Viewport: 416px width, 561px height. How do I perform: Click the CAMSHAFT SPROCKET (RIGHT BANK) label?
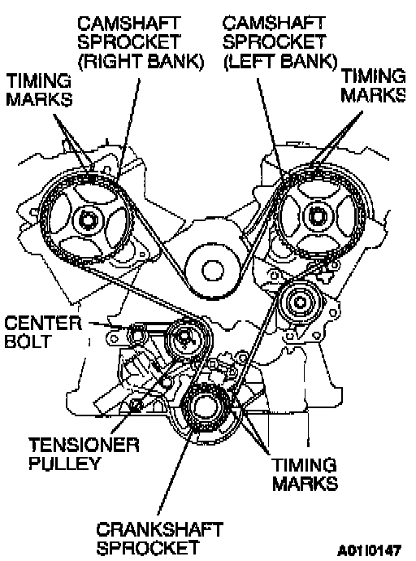(x=141, y=42)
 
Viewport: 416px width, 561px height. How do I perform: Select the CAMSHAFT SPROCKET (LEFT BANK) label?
(x=279, y=42)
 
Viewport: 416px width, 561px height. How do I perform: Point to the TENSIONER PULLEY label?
(x=84, y=454)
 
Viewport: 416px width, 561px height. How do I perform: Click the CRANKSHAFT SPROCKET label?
(x=160, y=538)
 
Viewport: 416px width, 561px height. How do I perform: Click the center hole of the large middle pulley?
(x=214, y=270)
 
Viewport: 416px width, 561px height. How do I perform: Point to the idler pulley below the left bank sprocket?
(x=300, y=302)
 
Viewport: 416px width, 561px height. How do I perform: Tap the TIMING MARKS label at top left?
(x=39, y=89)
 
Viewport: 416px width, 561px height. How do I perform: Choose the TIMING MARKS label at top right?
(x=373, y=86)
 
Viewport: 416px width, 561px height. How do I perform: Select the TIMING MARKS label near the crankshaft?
(x=305, y=475)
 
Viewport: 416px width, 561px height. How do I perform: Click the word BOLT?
(x=27, y=341)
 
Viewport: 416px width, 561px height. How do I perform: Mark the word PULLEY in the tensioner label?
(x=64, y=463)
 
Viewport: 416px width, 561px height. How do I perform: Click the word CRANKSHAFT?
(x=160, y=529)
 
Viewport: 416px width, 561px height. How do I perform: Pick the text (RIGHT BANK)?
(x=141, y=62)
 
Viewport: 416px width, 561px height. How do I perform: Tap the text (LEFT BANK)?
(x=280, y=62)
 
